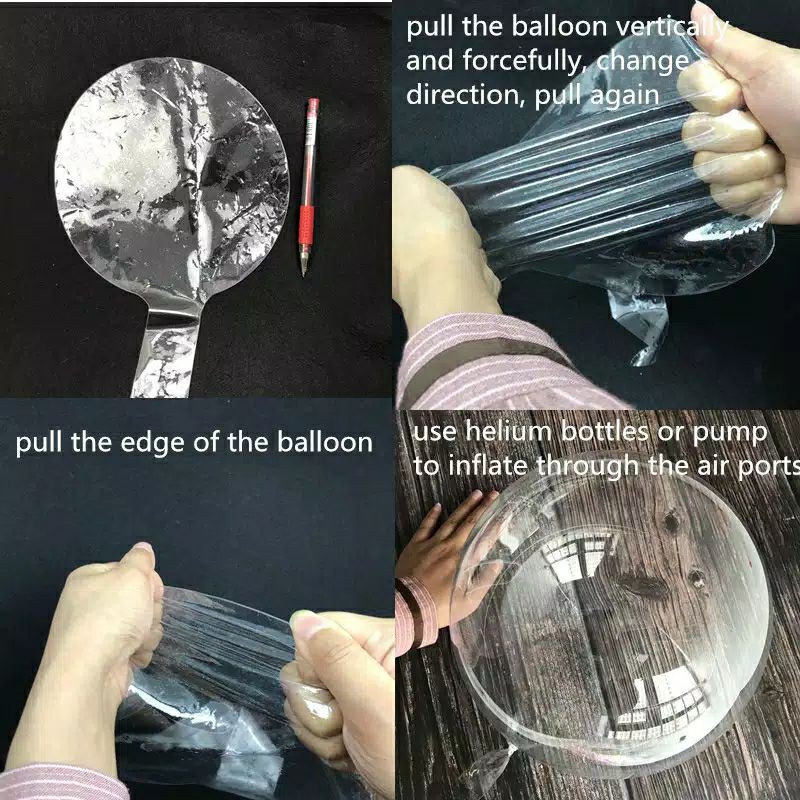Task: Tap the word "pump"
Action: (736, 432)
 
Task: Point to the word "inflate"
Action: (484, 465)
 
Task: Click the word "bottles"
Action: (617, 432)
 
